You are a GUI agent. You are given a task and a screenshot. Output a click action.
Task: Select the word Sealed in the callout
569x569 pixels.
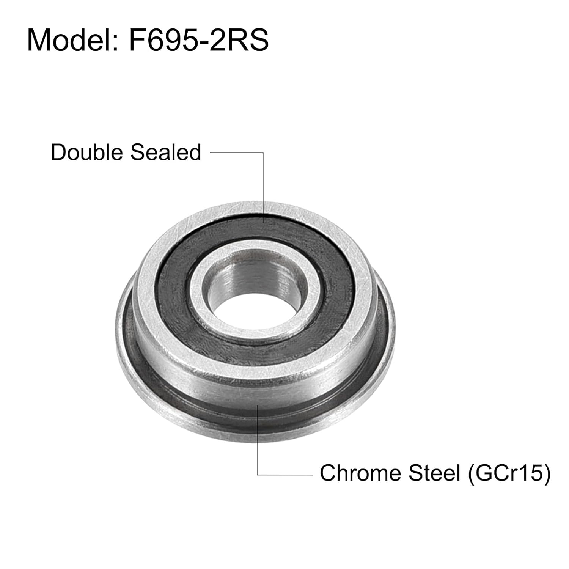pos(165,152)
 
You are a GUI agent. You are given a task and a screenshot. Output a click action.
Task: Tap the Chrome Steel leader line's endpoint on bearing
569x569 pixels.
pos(258,406)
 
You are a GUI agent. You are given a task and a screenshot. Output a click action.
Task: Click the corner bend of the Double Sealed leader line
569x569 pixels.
pos(263,153)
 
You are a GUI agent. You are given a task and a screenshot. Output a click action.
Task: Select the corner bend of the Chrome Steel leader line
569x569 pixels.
pos(258,474)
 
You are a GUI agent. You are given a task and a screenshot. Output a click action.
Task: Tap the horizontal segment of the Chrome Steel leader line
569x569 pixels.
pos(284,474)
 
